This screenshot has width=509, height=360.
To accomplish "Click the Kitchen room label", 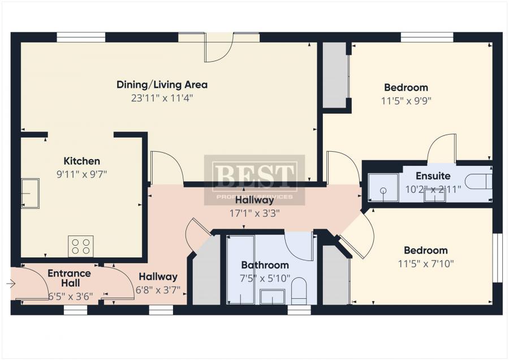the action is coord(82,161).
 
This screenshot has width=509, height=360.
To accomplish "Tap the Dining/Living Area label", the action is coord(162,85).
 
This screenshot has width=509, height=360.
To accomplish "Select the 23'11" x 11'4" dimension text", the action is coord(162,98).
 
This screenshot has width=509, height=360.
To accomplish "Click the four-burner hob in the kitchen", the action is coord(81,246).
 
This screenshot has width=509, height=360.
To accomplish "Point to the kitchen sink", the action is coord(30,194).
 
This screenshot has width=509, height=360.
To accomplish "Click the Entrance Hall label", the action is coord(69,278).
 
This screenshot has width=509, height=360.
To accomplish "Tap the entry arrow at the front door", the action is coord(11,284).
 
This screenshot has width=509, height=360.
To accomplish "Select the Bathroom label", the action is coord(265,265).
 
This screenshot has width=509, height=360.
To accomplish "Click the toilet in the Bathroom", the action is coord(299,291).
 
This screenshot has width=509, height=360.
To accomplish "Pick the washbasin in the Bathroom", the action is coord(273,297).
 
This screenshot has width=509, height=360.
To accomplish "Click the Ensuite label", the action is coord(433,176).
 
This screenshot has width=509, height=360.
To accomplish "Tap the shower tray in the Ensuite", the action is coord(383,188).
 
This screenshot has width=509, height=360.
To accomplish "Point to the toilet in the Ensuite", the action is coord(478,182).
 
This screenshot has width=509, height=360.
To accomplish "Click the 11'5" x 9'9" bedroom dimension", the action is coord(406,101).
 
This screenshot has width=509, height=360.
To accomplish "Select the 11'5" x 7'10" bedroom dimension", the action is coord(426,264).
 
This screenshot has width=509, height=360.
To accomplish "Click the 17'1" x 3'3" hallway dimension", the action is coord(255,213).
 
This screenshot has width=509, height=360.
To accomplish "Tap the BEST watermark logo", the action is coord(255,180).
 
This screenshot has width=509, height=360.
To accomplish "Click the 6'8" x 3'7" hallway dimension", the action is coord(158,290).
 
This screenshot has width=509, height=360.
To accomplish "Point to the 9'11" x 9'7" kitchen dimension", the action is coord(82,174).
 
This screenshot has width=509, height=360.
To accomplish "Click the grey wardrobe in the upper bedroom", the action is coord(335,75).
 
